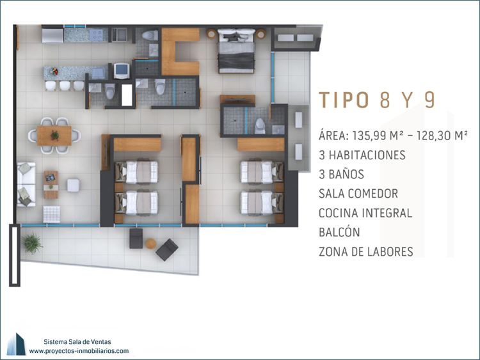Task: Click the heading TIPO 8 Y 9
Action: tap(377, 100)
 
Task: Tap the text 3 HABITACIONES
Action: tap(362, 155)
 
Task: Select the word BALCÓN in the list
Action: tap(339, 232)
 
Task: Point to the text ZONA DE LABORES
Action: tap(366, 251)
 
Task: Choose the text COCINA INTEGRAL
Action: tap(365, 213)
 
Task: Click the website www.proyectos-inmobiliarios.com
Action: tap(79, 351)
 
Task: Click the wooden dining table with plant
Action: tap(54, 136)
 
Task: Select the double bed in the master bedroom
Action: tap(236, 51)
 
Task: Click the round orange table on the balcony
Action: tap(150, 244)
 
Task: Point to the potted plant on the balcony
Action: tap(32, 244)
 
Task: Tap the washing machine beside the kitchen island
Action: tap(122, 71)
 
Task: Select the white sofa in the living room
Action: tap(27, 184)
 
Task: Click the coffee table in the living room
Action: tap(51, 184)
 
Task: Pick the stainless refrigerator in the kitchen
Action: tap(52, 35)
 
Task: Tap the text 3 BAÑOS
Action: tap(341, 175)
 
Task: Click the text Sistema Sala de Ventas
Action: tap(77, 341)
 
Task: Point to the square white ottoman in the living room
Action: tap(74, 185)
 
